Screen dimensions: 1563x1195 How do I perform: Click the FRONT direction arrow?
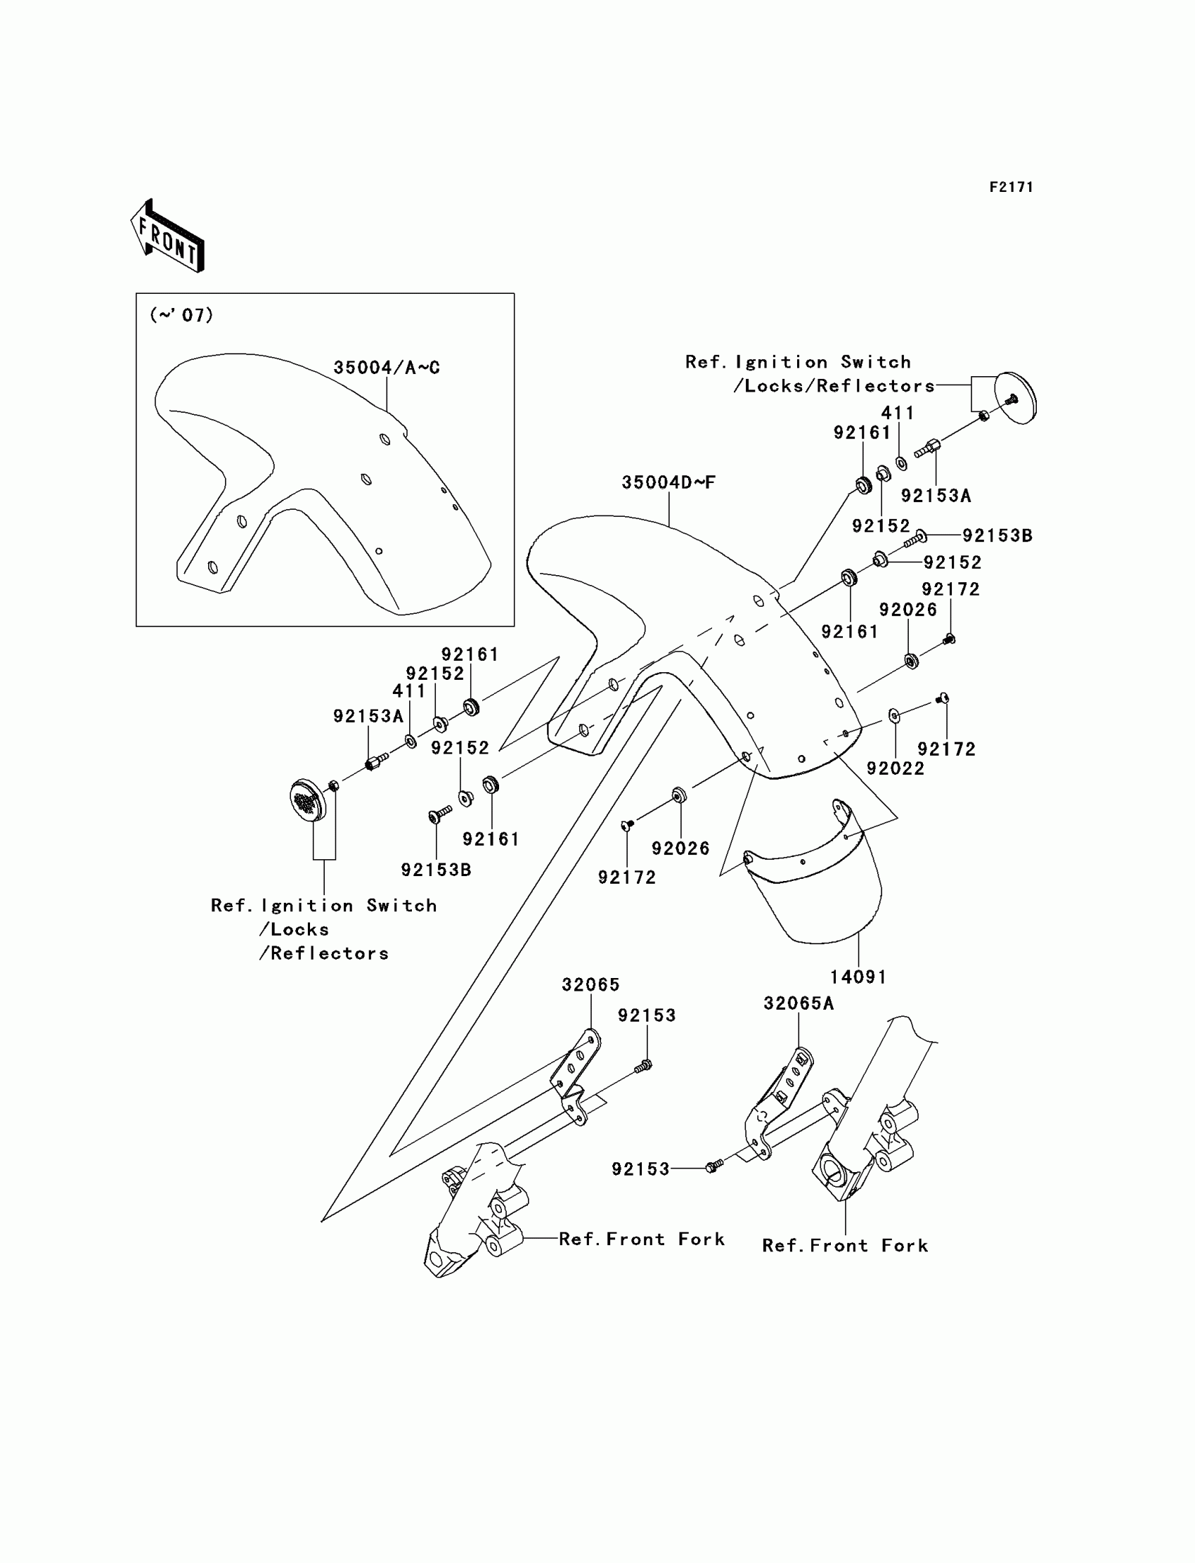[168, 236]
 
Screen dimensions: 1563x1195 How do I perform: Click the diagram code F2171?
[1011, 187]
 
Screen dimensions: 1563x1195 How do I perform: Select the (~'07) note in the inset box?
[181, 314]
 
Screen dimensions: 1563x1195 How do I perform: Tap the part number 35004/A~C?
[386, 368]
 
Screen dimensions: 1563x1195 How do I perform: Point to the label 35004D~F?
[668, 482]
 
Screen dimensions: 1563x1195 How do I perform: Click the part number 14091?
[858, 977]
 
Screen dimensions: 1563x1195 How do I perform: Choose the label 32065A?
[798, 1003]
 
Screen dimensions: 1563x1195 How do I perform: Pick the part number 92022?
[895, 768]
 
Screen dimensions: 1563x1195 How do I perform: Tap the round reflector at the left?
[307, 799]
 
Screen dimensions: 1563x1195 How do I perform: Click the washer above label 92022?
[894, 715]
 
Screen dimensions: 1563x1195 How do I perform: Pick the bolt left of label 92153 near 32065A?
[714, 1166]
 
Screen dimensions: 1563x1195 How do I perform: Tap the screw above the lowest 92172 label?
[627, 825]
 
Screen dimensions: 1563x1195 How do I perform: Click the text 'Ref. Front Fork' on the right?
[845, 1246]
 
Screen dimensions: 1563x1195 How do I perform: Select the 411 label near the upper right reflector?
[897, 413]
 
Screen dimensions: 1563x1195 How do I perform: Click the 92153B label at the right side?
[997, 536]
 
